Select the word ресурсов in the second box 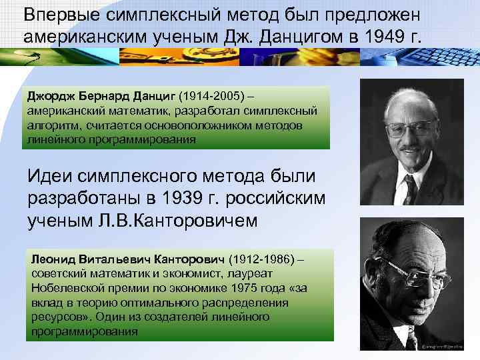coord(53,317)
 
